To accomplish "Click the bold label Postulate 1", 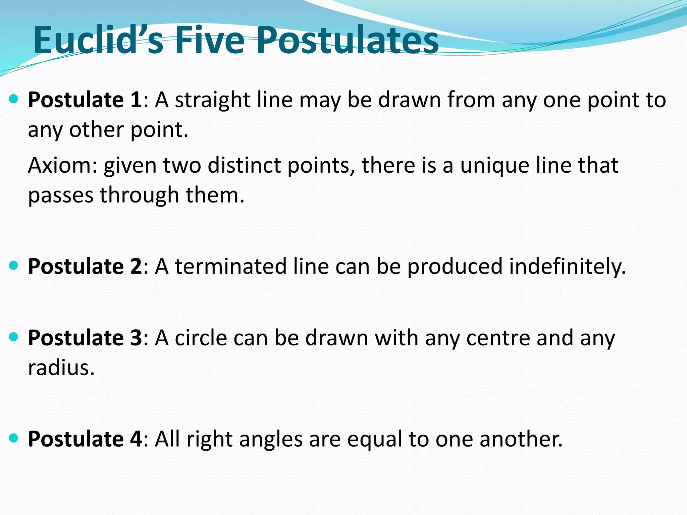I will click(85, 100).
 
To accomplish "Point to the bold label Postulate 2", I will click(85, 267).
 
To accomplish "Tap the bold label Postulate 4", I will click(85, 439).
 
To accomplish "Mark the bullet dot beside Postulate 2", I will click(14, 266).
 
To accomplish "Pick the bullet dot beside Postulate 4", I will click(14, 438).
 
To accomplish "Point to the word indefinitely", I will click(567, 267).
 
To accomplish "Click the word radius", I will click(61, 368).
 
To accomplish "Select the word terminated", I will click(231, 267).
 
